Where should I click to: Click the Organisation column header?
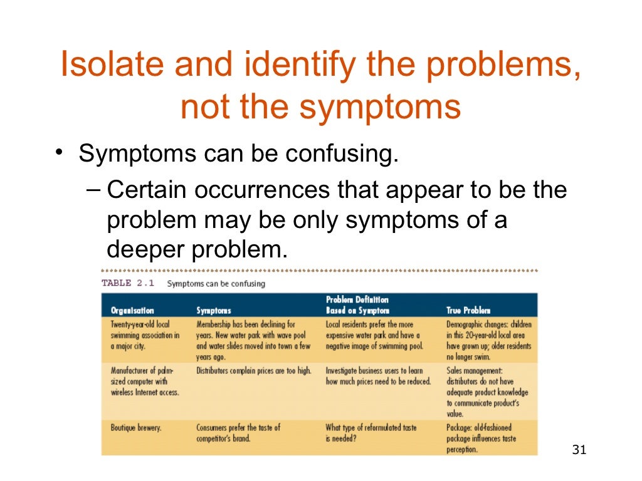132,310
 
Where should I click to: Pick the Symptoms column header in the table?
214,310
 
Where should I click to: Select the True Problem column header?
468,310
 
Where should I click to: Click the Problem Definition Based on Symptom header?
357,305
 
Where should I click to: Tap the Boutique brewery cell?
136,428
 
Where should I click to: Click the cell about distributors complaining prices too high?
253,371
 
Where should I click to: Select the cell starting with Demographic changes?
488,340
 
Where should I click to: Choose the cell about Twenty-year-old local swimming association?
145,335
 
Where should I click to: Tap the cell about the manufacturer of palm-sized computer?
145,381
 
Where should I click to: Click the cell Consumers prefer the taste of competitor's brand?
238,433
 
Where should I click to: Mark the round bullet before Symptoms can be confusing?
58,153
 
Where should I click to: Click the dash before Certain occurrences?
93,189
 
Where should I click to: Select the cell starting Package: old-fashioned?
481,438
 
